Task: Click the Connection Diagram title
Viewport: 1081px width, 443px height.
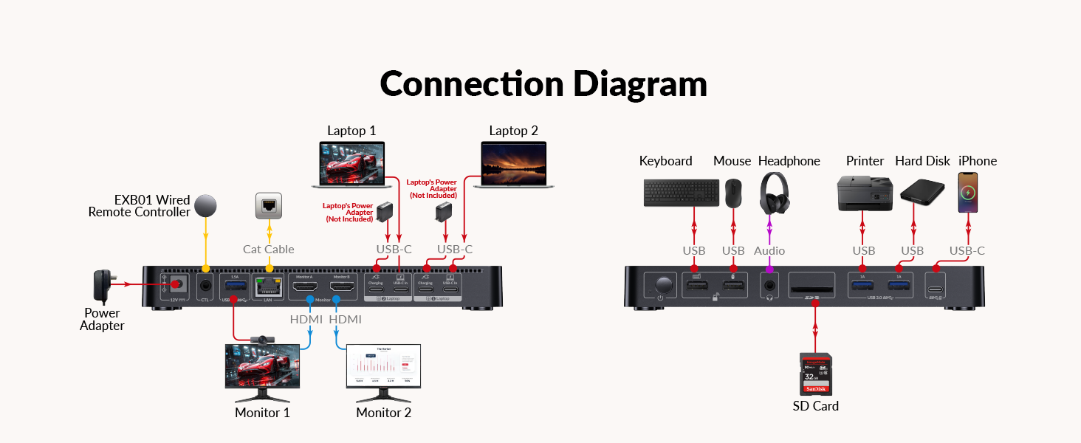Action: click(x=543, y=84)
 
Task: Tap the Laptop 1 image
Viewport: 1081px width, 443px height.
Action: click(x=352, y=165)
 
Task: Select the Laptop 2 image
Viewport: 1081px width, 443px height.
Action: click(x=513, y=165)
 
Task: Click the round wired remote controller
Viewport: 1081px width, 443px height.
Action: click(x=206, y=205)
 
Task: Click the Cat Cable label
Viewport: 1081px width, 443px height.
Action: click(x=269, y=250)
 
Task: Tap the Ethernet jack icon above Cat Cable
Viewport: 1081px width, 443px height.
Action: click(x=269, y=206)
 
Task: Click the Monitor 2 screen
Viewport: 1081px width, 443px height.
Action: click(x=383, y=367)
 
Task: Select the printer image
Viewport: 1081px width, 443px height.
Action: click(x=864, y=193)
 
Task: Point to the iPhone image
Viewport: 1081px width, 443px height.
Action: click(x=967, y=193)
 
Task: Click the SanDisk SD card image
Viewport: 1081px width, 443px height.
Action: click(x=816, y=374)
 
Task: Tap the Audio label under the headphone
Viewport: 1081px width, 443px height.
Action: click(x=769, y=251)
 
